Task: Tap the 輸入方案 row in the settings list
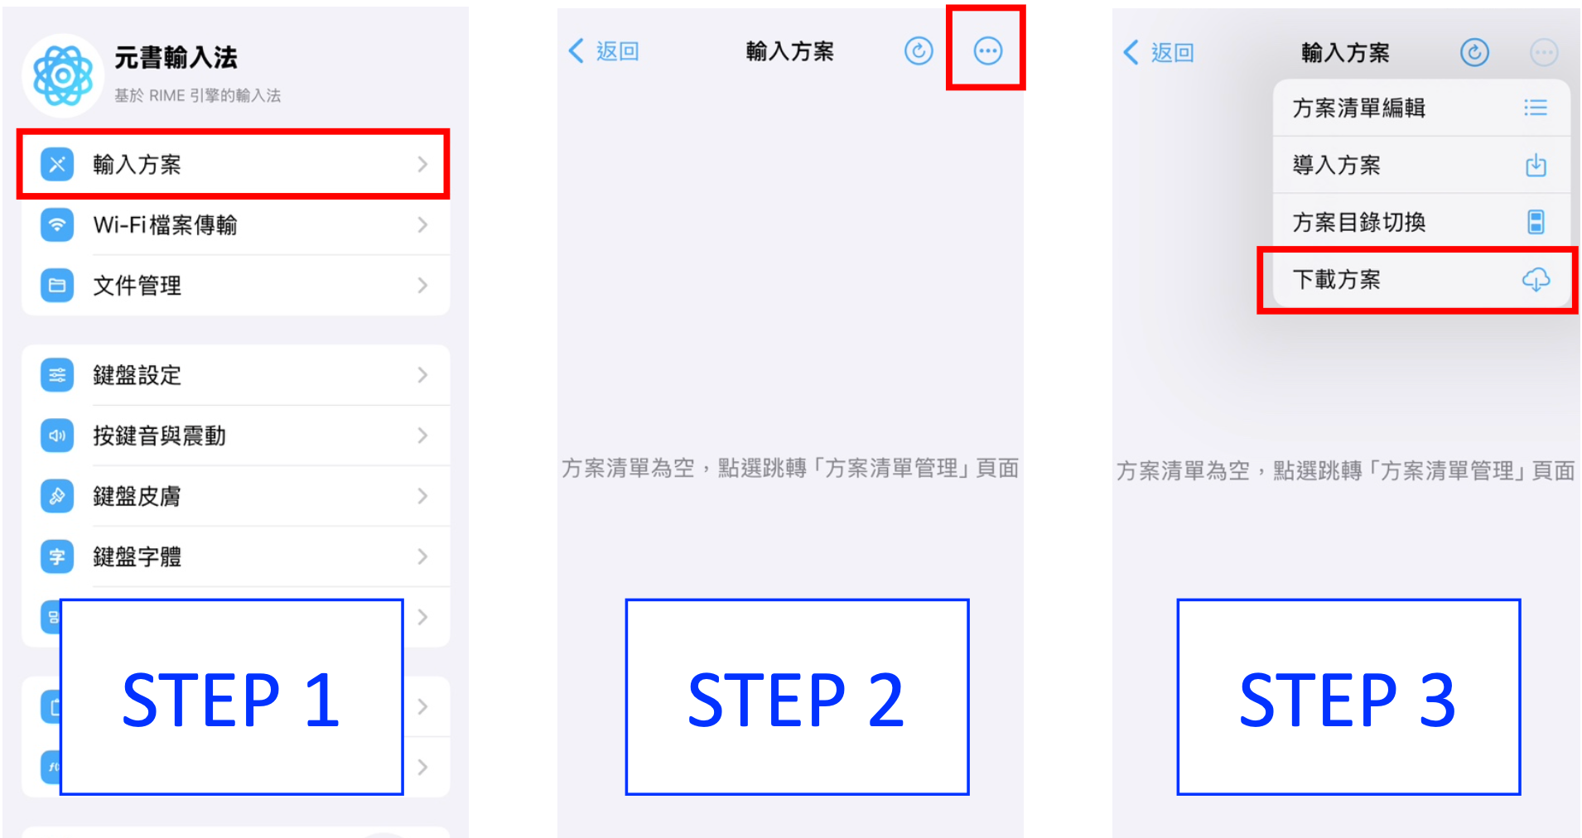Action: point(233,164)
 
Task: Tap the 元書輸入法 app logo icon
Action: point(63,75)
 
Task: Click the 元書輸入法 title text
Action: point(176,57)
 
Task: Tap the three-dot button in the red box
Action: point(987,51)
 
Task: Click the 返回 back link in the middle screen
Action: point(605,51)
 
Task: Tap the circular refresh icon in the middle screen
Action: point(919,51)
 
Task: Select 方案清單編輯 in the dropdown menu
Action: point(1420,108)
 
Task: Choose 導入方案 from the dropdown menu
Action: point(1420,165)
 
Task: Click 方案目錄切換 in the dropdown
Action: point(1420,222)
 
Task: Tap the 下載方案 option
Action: point(1408,279)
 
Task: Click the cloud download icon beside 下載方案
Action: point(1536,279)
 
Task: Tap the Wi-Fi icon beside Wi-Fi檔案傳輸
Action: point(57,224)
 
